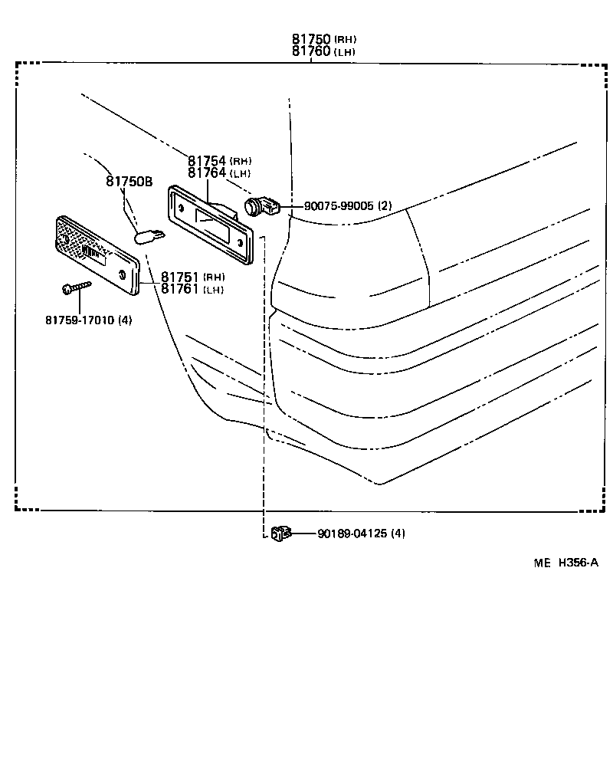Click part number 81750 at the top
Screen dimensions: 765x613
(310, 39)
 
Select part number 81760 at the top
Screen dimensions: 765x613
(310, 51)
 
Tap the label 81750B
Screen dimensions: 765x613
(129, 182)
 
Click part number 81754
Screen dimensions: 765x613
(207, 161)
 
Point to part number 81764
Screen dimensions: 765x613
(207, 173)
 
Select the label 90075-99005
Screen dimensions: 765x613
(339, 206)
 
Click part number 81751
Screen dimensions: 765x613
(181, 277)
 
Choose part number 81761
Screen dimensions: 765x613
(181, 289)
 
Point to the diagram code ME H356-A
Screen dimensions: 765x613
(565, 563)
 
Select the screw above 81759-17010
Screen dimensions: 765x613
(75, 288)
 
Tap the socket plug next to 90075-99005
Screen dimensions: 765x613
(261, 205)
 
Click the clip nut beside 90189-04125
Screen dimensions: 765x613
(280, 532)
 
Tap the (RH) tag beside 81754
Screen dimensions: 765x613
(241, 161)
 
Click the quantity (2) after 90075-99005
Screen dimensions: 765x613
(385, 206)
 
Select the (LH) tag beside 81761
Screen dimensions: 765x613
(215, 290)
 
